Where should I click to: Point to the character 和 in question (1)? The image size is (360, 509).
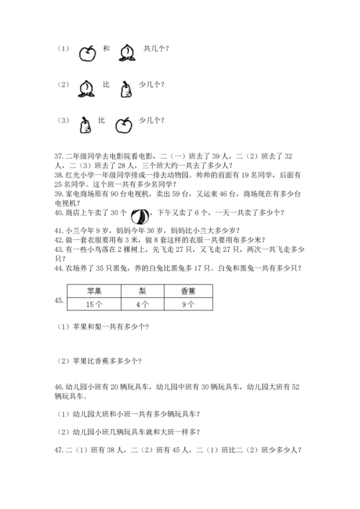click(107, 49)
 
